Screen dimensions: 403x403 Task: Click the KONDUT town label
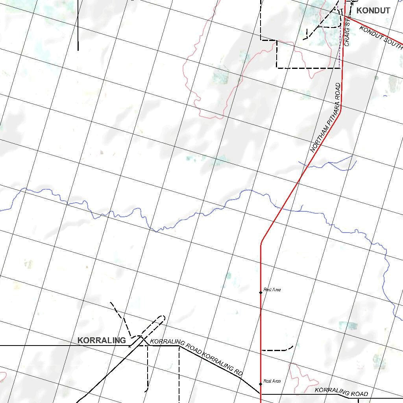click(x=373, y=11)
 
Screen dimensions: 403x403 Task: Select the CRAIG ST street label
click(x=347, y=34)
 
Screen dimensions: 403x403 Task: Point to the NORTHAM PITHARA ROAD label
click(x=326, y=118)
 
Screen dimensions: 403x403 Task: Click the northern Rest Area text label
click(x=272, y=290)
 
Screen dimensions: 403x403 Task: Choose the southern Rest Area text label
click(x=272, y=381)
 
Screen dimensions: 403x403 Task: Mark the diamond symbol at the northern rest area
click(x=261, y=292)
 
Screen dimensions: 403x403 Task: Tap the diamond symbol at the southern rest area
click(x=261, y=384)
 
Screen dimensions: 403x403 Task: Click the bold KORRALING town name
click(x=102, y=340)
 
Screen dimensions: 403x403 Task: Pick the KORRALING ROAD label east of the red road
click(x=342, y=392)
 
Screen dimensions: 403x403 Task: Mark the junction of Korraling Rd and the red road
click(x=261, y=393)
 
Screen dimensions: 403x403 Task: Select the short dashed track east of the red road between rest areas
click(x=277, y=349)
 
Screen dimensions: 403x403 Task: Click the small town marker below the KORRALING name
click(x=130, y=346)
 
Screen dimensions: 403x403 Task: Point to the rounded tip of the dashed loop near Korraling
click(x=163, y=318)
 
